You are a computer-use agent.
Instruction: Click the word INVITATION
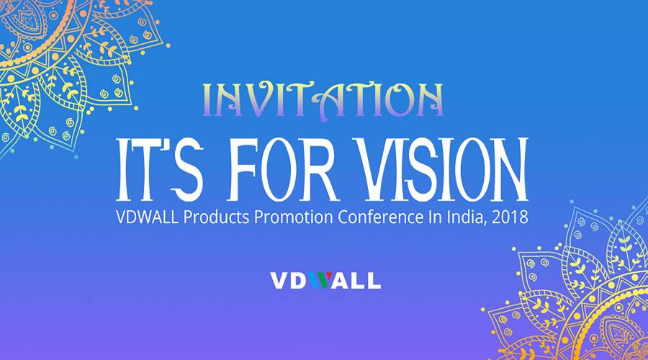[x=323, y=99]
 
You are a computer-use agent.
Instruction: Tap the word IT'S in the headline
[x=162, y=170]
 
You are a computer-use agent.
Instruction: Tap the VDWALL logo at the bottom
[x=325, y=280]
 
